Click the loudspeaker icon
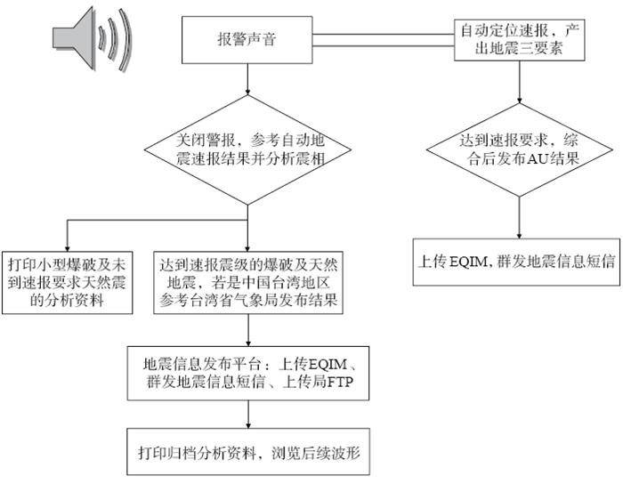coord(93,39)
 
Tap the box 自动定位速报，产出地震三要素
coord(519,40)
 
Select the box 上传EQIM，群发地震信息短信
coord(516,262)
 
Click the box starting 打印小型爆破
coord(67,282)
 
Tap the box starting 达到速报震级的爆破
coord(248,282)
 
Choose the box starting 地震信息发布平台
coord(248,373)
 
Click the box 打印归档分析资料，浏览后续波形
coord(248,451)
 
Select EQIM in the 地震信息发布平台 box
coord(328,364)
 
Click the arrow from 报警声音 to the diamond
coord(247,79)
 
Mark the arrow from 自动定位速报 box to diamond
coord(519,82)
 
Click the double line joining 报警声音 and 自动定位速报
coord(384,40)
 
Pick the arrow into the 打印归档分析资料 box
coord(248,414)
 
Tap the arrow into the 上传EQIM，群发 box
coord(519,218)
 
